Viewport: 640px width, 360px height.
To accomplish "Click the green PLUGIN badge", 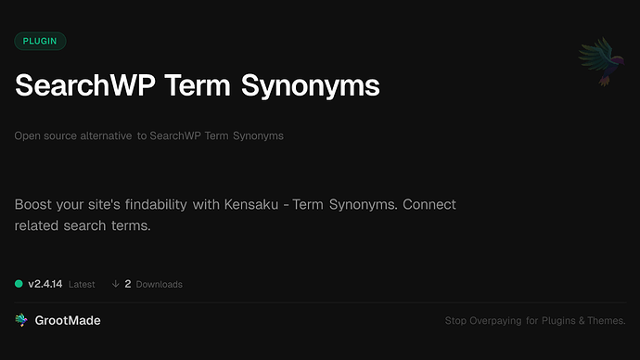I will [x=40, y=41].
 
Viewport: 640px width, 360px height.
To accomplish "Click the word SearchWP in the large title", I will [x=83, y=86].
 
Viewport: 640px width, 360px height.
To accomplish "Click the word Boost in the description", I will [x=34, y=204].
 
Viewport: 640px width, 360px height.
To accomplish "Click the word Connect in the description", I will [x=426, y=204].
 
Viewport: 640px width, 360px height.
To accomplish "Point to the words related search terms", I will [x=83, y=226].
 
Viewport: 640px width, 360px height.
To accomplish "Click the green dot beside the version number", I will [x=19, y=284].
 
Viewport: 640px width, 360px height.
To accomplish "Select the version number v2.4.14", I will [x=45, y=284].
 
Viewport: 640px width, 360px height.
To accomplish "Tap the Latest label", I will [x=82, y=284].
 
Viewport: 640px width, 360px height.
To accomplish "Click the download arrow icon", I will [x=115, y=284].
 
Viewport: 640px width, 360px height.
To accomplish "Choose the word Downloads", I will [x=159, y=284].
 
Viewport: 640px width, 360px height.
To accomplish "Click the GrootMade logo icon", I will [x=20, y=320].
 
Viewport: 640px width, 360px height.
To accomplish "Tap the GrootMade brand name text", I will [x=69, y=320].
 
